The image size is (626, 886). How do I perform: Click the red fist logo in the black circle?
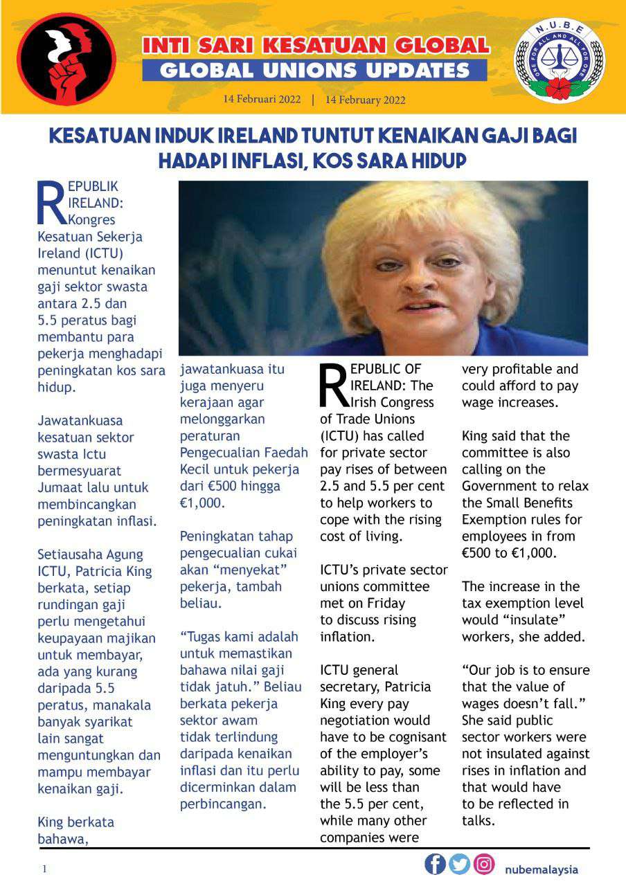click(x=66, y=59)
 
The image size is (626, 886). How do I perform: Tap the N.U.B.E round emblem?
click(x=559, y=61)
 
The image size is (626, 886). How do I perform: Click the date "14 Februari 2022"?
click(x=262, y=99)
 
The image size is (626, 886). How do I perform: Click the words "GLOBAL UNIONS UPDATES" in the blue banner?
click(x=314, y=70)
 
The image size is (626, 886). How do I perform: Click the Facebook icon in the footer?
click(x=435, y=865)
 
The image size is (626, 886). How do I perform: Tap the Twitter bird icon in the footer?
click(x=460, y=865)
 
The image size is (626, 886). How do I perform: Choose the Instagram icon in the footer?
click(x=485, y=865)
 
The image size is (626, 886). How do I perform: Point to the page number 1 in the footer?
click(x=45, y=869)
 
